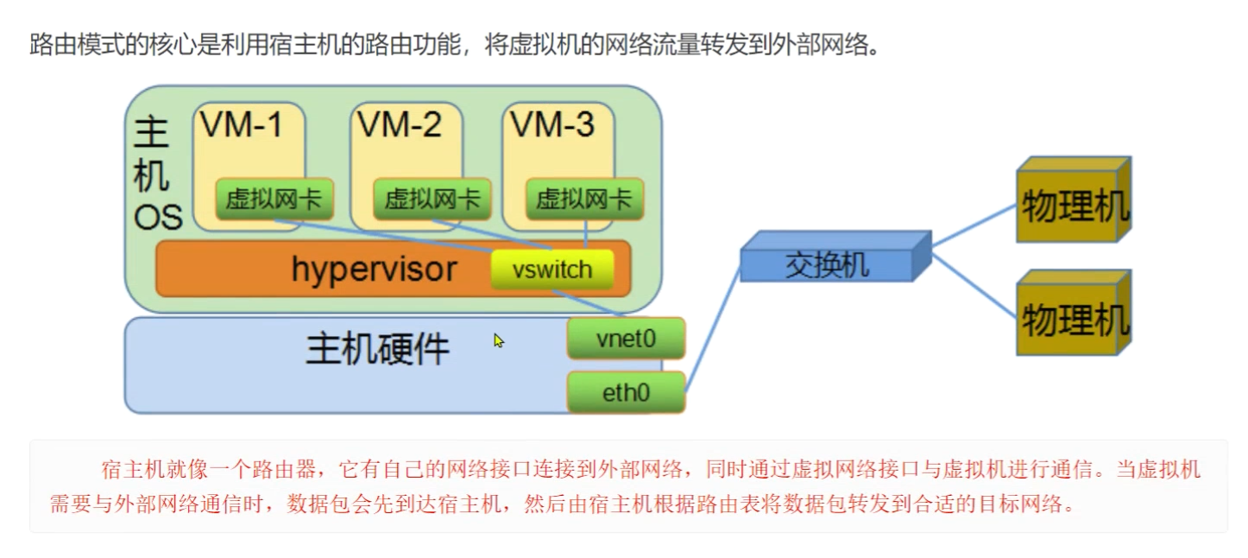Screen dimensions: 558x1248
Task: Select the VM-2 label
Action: (399, 126)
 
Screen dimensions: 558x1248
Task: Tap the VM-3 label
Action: (552, 126)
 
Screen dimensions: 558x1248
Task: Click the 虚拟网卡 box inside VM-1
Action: (274, 200)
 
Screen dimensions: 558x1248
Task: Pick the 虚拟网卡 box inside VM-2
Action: (432, 200)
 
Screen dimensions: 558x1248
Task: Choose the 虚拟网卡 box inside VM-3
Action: (584, 200)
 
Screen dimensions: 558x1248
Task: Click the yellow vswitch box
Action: (552, 270)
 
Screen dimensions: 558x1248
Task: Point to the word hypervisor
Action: (373, 269)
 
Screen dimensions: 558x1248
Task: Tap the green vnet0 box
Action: (626, 339)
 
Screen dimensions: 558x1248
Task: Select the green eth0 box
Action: (626, 393)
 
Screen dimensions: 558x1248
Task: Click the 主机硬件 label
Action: (378, 350)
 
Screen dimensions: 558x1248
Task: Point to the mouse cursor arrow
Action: (497, 339)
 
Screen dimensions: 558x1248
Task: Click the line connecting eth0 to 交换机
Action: (713, 328)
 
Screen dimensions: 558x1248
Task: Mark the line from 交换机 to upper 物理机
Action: (974, 225)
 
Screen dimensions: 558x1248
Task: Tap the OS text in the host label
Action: (158, 218)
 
